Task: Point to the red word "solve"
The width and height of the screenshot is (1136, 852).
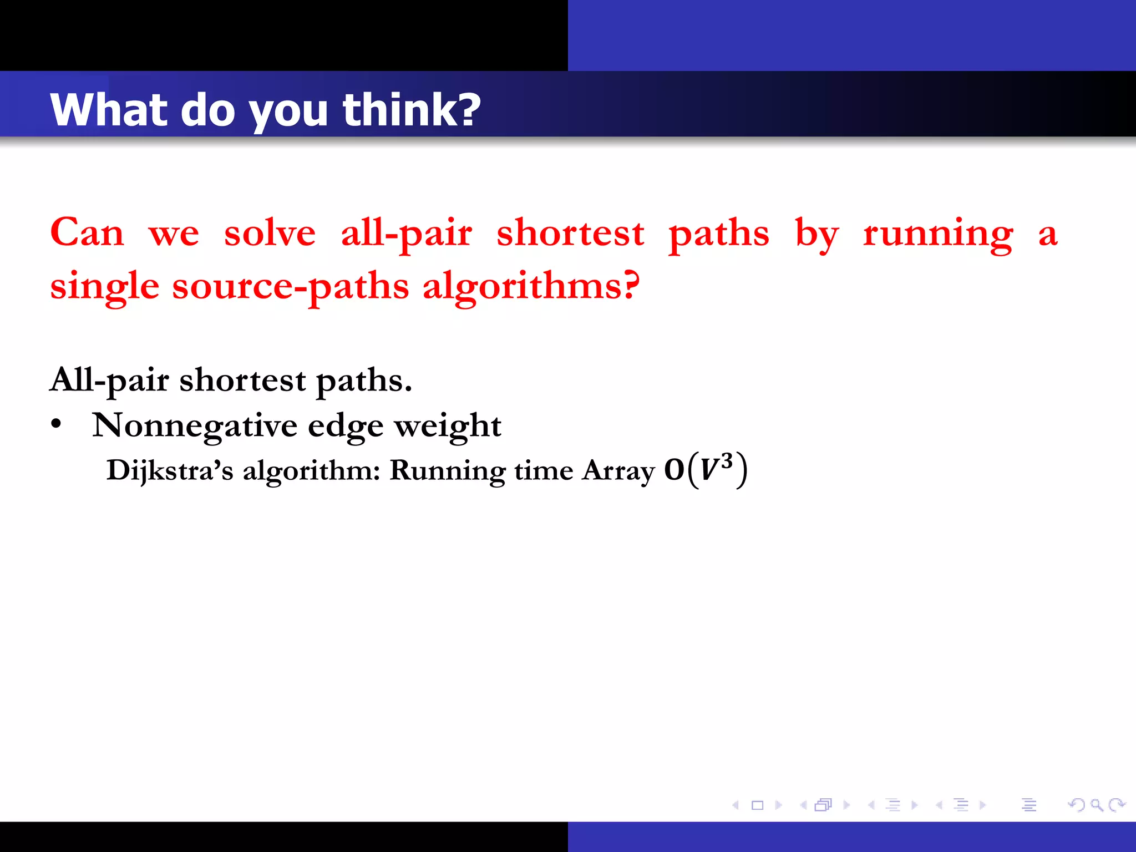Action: click(270, 233)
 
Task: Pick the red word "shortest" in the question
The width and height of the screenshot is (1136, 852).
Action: click(570, 233)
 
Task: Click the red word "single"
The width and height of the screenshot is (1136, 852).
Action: click(105, 287)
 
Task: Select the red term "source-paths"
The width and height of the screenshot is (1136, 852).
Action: click(290, 287)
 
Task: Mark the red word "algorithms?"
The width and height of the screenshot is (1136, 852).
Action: click(531, 287)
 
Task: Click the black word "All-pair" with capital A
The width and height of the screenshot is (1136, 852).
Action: click(109, 381)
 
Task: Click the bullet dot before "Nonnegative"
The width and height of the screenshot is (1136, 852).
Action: click(56, 424)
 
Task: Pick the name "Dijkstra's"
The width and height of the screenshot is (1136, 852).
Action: click(170, 470)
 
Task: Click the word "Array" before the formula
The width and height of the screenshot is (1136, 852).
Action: click(618, 470)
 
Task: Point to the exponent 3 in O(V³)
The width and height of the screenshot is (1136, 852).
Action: click(727, 460)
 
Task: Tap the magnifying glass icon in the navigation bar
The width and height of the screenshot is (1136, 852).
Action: click(1096, 804)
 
